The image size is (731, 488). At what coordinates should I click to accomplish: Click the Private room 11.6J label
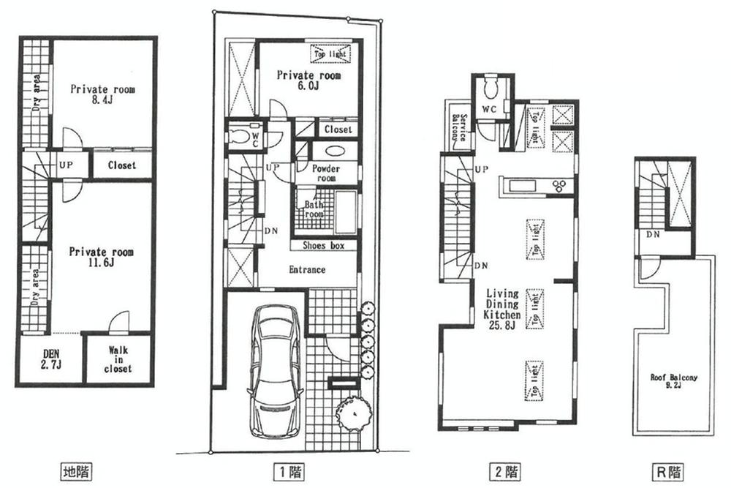pos(102,258)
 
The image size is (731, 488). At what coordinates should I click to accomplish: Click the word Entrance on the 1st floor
pos(307,270)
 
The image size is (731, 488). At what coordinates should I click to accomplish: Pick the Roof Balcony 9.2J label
pos(674,383)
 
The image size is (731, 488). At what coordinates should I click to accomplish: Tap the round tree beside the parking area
pos(349,413)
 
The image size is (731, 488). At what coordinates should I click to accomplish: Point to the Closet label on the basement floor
pos(121,165)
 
